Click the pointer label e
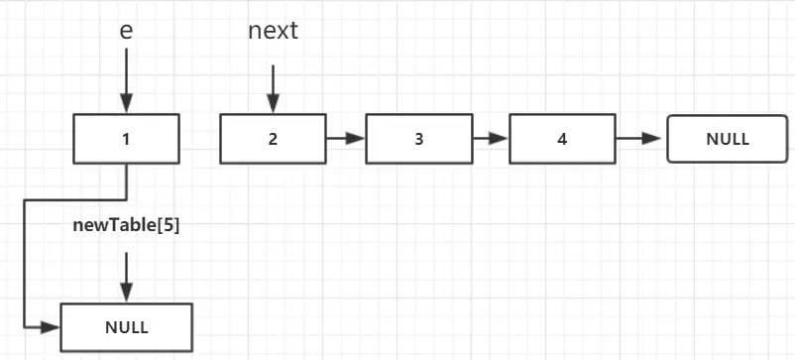coord(126,31)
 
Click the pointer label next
coord(273,31)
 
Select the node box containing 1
coord(126,139)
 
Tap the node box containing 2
coord(273,139)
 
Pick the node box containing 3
coord(418,139)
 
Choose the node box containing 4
coord(562,139)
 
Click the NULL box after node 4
coord(728,139)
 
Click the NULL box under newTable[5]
coord(126,326)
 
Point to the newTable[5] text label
coord(126,225)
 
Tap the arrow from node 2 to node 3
coord(345,139)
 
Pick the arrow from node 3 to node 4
coord(490,139)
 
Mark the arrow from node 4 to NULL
coord(640,139)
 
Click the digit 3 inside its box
coord(418,139)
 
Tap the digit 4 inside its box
coord(562,139)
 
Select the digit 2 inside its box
coord(273,139)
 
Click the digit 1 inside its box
coord(126,139)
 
